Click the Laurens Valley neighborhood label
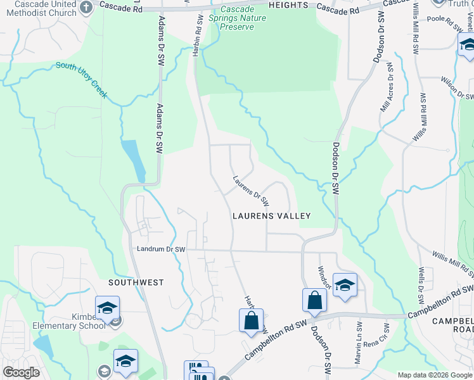click(x=271, y=216)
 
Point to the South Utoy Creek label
click(x=81, y=80)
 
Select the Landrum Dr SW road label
click(x=161, y=250)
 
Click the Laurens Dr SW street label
click(x=251, y=191)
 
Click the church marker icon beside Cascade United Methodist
click(x=87, y=6)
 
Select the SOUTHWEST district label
click(x=136, y=282)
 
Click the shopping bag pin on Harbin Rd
click(x=251, y=320)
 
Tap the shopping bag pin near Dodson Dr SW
click(x=314, y=300)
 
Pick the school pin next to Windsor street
click(x=345, y=285)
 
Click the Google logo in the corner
click(x=21, y=372)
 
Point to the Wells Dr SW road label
click(x=420, y=289)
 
